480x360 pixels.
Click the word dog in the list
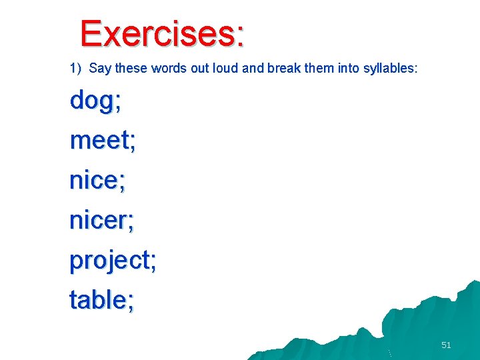[x=91, y=101]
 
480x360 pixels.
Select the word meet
[x=99, y=141]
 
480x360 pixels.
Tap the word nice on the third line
[x=93, y=181]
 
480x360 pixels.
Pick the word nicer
[x=98, y=221]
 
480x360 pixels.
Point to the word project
[x=109, y=261]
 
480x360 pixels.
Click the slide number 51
[x=446, y=345]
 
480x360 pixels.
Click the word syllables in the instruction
[x=391, y=68]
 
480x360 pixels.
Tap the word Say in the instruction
[x=99, y=68]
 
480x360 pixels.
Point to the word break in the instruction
[x=283, y=68]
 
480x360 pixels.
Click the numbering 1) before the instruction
[x=75, y=68]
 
